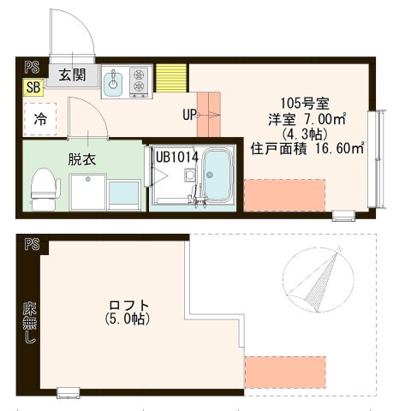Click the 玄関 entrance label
[72, 75]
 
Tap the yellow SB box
[33, 87]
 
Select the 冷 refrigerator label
[40, 120]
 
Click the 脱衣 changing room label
[81, 158]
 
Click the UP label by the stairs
[191, 114]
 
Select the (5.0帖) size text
[128, 320]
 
